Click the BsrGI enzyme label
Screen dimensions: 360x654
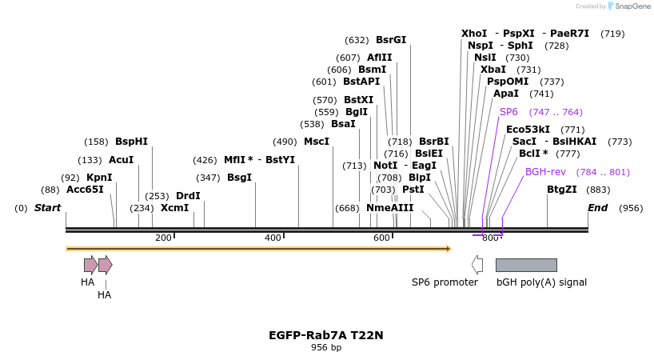pyautogui.click(x=391, y=40)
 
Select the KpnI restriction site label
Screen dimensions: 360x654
pyautogui.click(x=99, y=178)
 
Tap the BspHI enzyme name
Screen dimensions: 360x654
pyautogui.click(x=131, y=142)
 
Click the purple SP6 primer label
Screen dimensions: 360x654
pyautogui.click(x=508, y=112)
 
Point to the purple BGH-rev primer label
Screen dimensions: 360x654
pyautogui.click(x=545, y=172)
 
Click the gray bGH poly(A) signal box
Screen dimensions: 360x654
pyautogui.click(x=525, y=265)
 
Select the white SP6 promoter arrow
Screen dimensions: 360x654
pyautogui.click(x=477, y=265)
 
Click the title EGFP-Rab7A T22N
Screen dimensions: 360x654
pyautogui.click(x=326, y=335)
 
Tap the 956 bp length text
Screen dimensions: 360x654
pyautogui.click(x=326, y=348)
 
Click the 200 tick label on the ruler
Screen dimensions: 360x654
pyautogui.click(x=163, y=238)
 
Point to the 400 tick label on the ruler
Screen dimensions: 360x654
pyautogui.click(x=273, y=238)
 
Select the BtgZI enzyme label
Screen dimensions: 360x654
pyautogui.click(x=561, y=190)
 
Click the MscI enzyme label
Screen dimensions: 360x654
pyautogui.click(x=317, y=142)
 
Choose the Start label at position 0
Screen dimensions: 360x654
pyautogui.click(x=47, y=208)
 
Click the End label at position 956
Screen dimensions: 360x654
pyautogui.click(x=597, y=208)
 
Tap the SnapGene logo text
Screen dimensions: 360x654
pyautogui.click(x=632, y=6)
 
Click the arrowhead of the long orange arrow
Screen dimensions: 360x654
pyautogui.click(x=448, y=249)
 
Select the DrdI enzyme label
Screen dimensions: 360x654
pyautogui.click(x=188, y=196)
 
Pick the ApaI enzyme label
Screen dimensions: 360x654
pyautogui.click(x=506, y=94)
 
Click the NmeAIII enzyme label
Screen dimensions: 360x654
pyautogui.click(x=390, y=208)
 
